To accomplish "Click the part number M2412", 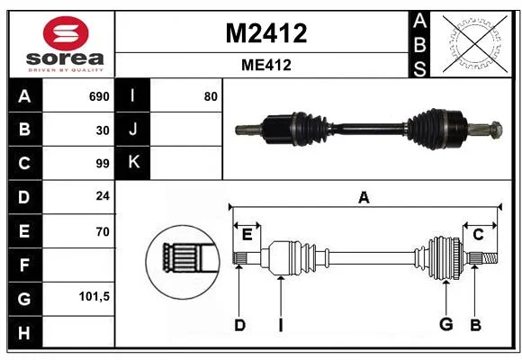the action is pos(266,33).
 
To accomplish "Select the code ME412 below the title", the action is pos(266,65).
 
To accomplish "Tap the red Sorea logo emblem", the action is pos(66,33).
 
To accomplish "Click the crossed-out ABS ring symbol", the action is pos(475,44).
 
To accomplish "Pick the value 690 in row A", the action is pos(99,96).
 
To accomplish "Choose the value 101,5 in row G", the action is pos(94,296).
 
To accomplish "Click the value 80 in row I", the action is pos(211,96).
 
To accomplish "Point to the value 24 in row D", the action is pos(103,195).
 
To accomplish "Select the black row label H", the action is pos(24,332).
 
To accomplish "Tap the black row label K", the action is pos(132,162).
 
